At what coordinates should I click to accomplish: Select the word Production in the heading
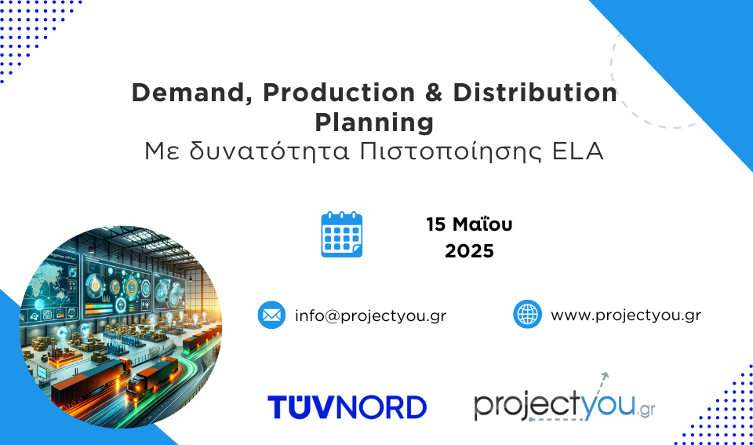(339, 93)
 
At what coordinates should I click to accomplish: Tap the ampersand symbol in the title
(434, 93)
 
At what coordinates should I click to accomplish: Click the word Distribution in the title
(535, 93)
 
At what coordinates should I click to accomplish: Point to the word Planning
(374, 122)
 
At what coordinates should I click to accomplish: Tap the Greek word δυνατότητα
(269, 151)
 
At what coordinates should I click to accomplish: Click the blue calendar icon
(342, 234)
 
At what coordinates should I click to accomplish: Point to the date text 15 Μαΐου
(469, 224)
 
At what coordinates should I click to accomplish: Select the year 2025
(469, 251)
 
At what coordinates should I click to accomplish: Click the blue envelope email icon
(272, 315)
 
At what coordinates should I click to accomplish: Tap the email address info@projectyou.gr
(371, 316)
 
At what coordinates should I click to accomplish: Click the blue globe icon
(527, 314)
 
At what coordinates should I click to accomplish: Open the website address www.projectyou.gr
(626, 316)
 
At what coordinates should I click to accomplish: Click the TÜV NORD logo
(347, 407)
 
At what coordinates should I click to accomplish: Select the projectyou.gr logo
(565, 399)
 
